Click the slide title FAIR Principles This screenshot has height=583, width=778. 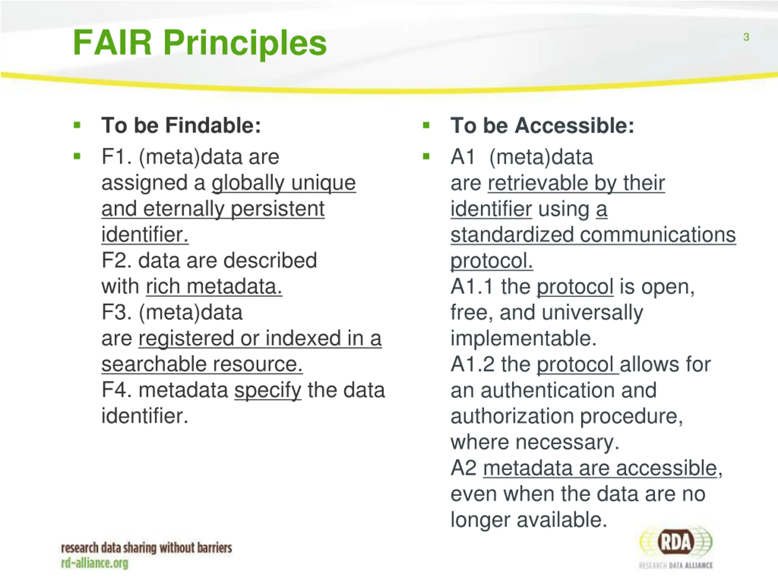coord(200,43)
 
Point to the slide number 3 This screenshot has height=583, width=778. coord(746,37)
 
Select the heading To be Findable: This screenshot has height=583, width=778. coord(181,125)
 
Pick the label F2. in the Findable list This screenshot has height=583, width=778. coord(116,261)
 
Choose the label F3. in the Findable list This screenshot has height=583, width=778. coord(116,312)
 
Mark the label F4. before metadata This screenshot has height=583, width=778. coord(116,390)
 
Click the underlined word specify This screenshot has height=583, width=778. coord(268,391)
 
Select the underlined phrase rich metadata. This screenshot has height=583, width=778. coord(214,287)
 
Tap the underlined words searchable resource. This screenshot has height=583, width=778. coord(202,364)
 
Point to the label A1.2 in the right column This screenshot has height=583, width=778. coord(473,364)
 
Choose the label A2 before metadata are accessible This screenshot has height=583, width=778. coord(463,468)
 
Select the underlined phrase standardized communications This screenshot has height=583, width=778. coord(593,235)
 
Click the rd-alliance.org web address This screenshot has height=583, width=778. coord(95,563)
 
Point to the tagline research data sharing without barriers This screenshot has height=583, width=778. coord(146,547)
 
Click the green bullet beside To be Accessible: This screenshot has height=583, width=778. coord(426,125)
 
